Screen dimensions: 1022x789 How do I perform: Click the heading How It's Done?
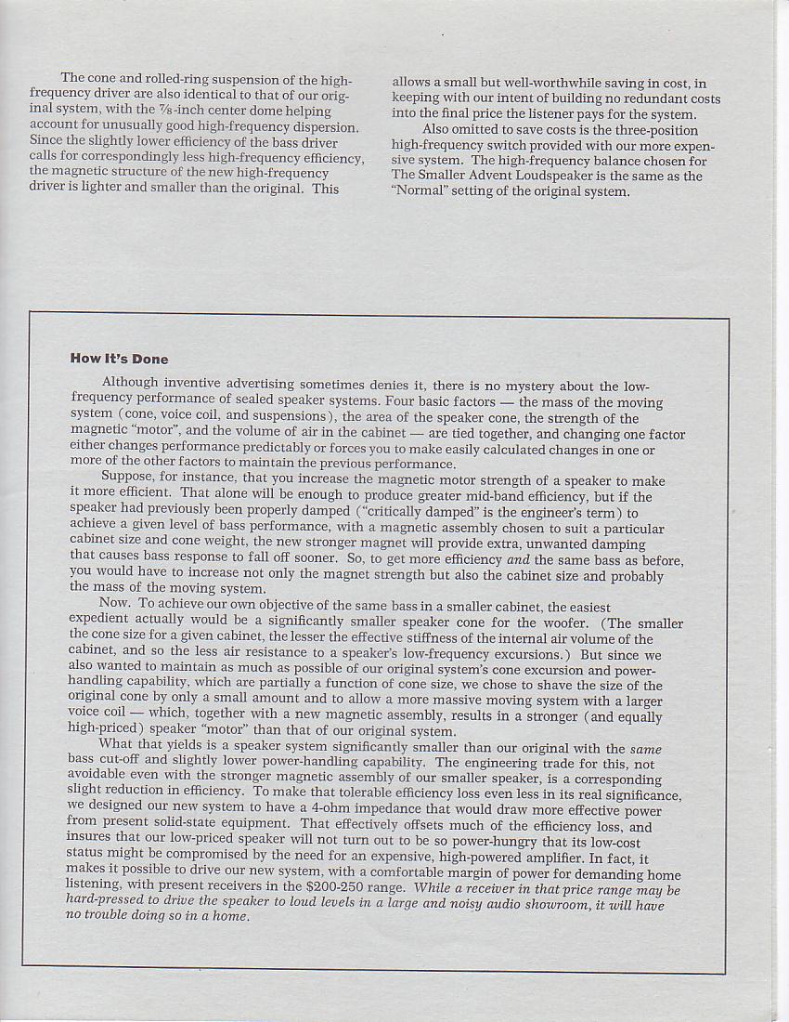[119, 359]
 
